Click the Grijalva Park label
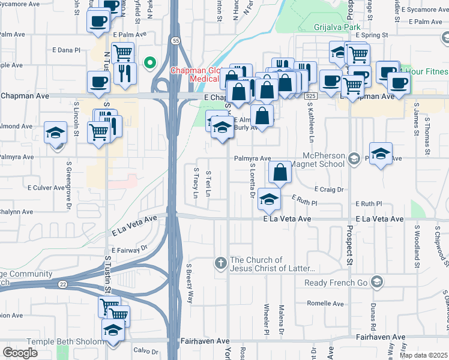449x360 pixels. pos(338,27)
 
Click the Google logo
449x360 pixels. pos(20,353)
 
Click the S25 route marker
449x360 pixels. pos(310,96)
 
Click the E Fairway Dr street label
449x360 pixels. pos(128,248)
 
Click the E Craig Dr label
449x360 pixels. pos(327,189)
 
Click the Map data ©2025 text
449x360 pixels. pos(424,355)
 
